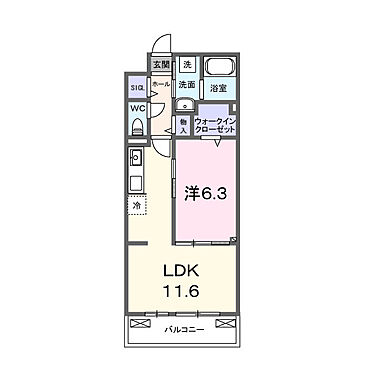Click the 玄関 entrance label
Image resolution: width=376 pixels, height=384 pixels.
click(161, 66)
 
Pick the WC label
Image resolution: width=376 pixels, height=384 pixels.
click(137, 108)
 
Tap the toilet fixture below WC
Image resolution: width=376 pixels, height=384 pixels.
click(137, 127)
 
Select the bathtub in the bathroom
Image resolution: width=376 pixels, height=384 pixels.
click(220, 70)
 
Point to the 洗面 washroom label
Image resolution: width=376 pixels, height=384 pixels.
click(186, 85)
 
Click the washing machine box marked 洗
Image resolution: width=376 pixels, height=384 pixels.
click(186, 66)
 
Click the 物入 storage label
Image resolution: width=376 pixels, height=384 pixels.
click(184, 125)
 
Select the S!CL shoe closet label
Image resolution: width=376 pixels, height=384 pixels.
click(137, 87)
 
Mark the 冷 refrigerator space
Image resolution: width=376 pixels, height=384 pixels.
click(138, 206)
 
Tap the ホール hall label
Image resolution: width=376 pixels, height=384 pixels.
click(160, 86)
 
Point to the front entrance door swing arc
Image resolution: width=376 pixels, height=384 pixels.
click(159, 46)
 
